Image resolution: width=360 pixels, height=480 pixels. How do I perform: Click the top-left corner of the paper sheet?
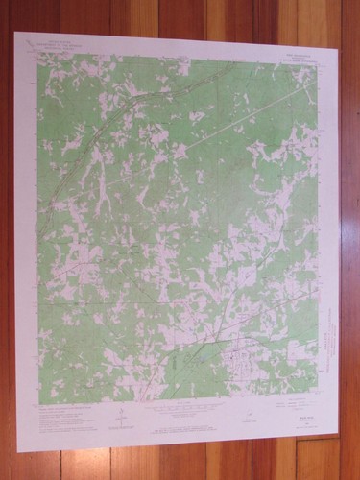click(x=15, y=35)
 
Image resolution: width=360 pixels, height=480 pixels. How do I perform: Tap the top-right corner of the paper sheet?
click(x=343, y=39)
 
